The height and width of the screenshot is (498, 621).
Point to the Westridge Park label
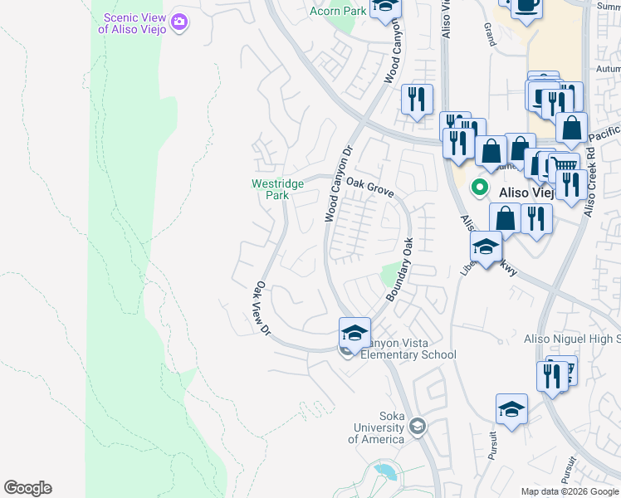271,189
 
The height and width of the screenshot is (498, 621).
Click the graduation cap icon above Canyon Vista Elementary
355,332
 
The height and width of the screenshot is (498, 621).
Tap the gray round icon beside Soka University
418,427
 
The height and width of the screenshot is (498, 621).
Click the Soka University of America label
379,427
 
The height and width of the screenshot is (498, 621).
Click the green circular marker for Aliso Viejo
479,188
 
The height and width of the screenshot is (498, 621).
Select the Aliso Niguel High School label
571,339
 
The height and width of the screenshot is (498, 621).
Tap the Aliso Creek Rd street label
590,183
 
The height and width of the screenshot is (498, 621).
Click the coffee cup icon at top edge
526,7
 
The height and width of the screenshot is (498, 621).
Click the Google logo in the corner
27,488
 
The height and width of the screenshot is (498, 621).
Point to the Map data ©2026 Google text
570,491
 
